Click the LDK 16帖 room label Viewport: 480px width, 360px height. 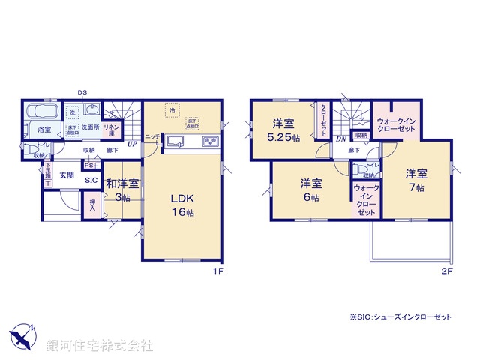click(182, 204)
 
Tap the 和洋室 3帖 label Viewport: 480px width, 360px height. click(121, 189)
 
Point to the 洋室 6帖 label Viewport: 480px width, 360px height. click(311, 190)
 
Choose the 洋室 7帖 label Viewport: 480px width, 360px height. click(416, 180)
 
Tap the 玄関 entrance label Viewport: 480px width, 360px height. click(65, 175)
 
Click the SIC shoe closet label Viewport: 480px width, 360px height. click(91, 181)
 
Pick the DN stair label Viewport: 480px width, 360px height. click(340, 139)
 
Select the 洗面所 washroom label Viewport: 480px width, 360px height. click(91, 127)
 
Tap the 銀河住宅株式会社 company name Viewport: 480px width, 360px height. click(100, 346)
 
